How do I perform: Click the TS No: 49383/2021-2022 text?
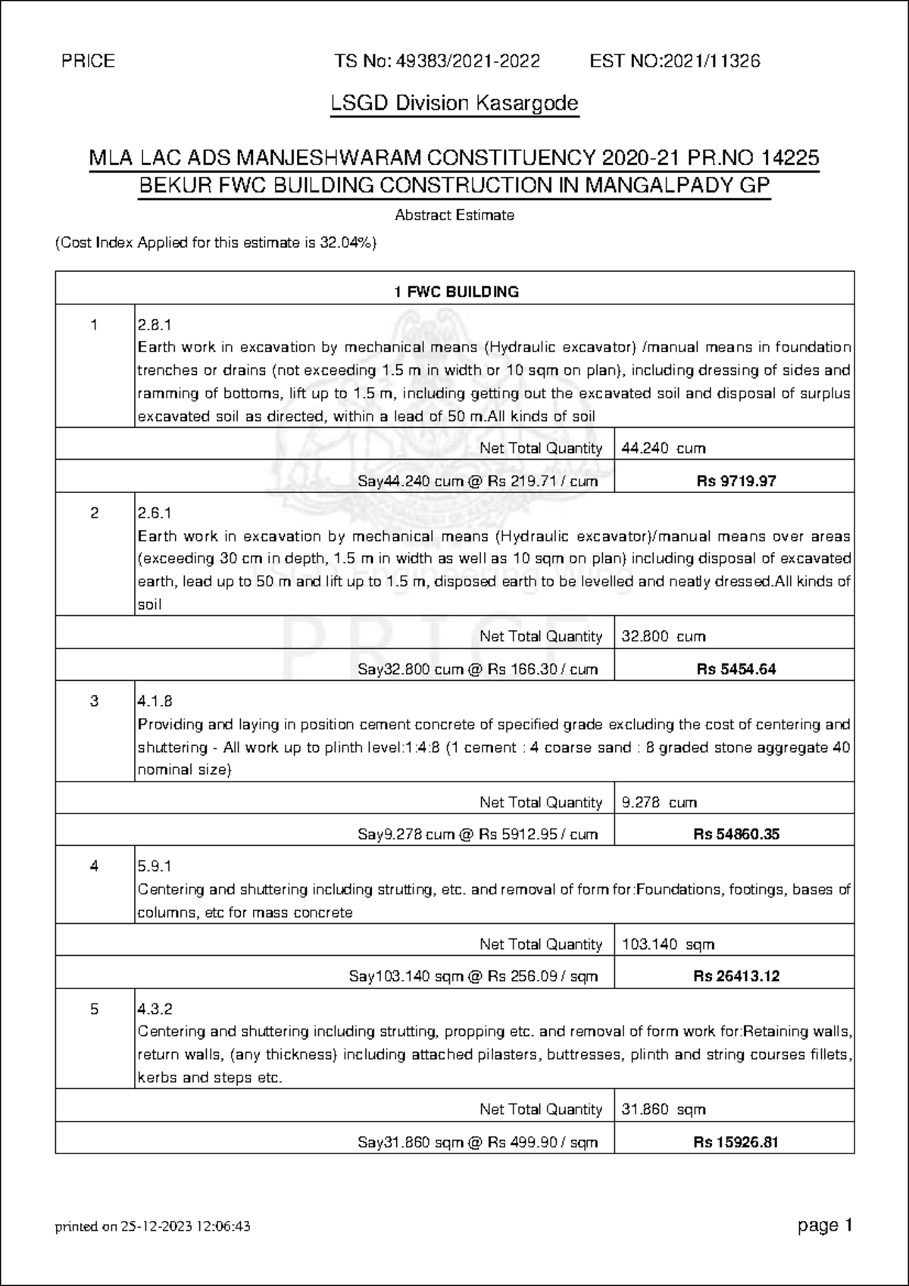point(437,61)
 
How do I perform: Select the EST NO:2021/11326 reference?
point(674,61)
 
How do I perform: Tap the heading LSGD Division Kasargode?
point(454,103)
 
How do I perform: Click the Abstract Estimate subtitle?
point(454,215)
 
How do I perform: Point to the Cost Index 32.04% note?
point(216,243)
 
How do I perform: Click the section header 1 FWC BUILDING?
point(455,292)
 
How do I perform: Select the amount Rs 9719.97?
point(736,481)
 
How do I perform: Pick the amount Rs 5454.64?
point(736,670)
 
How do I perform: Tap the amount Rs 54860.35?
point(736,835)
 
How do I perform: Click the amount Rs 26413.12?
point(736,976)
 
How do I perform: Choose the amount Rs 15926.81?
point(736,1142)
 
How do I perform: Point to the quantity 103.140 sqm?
point(667,944)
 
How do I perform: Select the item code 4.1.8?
point(155,701)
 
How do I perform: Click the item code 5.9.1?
point(155,866)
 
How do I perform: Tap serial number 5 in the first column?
point(94,1010)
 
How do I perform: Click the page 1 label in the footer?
point(826,1225)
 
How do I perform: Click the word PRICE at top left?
point(89,61)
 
